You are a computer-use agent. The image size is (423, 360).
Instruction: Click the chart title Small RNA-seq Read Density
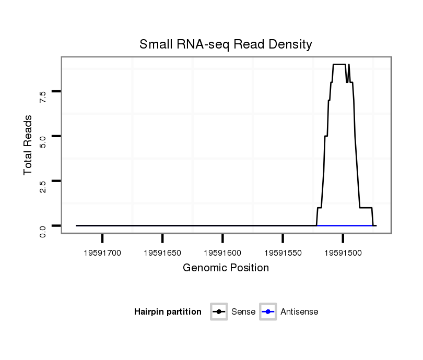click(226, 44)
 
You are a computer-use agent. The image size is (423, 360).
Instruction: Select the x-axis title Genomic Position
click(226, 268)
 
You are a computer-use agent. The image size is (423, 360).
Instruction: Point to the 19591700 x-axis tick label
click(102, 253)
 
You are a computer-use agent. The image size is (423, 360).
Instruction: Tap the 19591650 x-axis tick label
click(162, 253)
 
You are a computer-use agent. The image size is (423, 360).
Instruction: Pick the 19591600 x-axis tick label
click(222, 253)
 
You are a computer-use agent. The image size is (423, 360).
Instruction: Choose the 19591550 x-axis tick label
click(283, 253)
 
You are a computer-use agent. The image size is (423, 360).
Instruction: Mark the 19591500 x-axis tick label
click(343, 253)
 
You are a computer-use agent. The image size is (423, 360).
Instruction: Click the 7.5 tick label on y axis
click(43, 93)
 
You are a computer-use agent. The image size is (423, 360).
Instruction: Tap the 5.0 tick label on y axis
click(43, 137)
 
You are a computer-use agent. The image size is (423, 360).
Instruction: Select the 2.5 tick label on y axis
click(43, 182)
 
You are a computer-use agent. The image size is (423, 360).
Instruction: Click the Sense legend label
click(243, 312)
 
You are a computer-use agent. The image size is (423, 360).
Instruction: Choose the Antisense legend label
click(299, 312)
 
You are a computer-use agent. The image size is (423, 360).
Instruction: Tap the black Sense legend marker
click(219, 312)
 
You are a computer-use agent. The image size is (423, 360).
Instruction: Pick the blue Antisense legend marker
click(268, 312)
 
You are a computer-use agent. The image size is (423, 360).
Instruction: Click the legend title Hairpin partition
click(168, 312)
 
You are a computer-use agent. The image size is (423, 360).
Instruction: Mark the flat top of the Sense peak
click(339, 64)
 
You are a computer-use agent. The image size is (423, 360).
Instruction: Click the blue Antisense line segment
click(345, 225)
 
